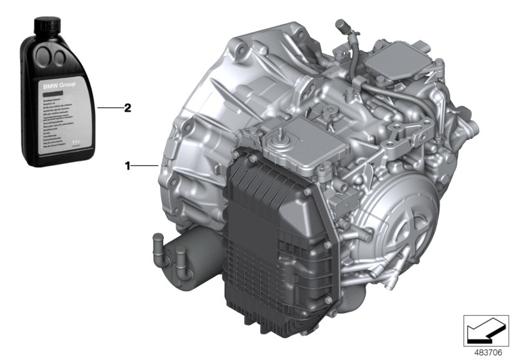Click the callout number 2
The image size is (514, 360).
[x=128, y=109]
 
